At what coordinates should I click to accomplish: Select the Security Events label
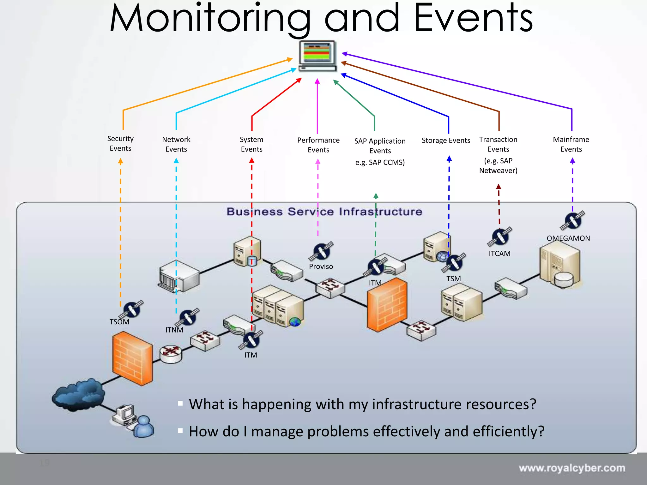point(120,143)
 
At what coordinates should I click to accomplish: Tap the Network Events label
point(176,144)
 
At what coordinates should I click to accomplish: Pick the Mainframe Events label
point(571,144)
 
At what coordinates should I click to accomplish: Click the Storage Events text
point(446,141)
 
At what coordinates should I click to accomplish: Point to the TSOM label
point(119,322)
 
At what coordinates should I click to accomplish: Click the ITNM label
point(174,330)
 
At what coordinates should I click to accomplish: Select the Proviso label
point(321,266)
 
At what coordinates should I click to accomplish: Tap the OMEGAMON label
point(568,238)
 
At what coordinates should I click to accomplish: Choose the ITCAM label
point(499,254)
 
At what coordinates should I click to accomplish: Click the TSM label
point(453,279)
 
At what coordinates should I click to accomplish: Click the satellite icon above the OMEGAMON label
point(572,220)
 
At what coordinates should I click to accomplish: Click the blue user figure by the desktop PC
point(144,427)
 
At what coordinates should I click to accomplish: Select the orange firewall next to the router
point(132,358)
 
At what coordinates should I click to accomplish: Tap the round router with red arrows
point(171,353)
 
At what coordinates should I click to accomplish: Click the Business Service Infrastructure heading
point(324,212)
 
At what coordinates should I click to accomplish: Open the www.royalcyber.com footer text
point(572,468)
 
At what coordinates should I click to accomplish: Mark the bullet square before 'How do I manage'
point(180,430)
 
